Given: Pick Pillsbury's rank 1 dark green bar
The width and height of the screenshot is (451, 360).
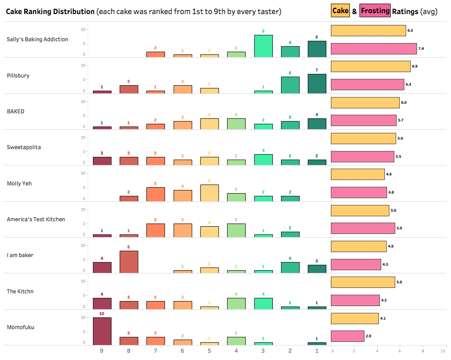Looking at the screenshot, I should click(317, 84).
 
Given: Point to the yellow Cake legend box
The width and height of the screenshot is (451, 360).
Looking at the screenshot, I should click(340, 11).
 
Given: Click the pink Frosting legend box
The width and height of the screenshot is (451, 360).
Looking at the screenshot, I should click(375, 11).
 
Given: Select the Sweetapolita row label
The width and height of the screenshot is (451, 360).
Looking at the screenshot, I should click(24, 147).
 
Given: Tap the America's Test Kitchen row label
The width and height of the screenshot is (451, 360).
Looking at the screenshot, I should click(36, 219).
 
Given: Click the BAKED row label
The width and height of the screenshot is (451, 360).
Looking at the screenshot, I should click(16, 112).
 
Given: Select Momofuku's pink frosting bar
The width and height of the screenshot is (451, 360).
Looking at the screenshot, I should click(348, 336).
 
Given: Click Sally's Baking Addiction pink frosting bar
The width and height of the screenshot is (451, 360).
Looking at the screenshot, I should click(374, 49).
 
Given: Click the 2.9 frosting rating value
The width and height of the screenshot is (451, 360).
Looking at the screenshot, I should click(370, 336).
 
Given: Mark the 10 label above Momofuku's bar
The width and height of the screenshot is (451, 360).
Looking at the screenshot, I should click(102, 313).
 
